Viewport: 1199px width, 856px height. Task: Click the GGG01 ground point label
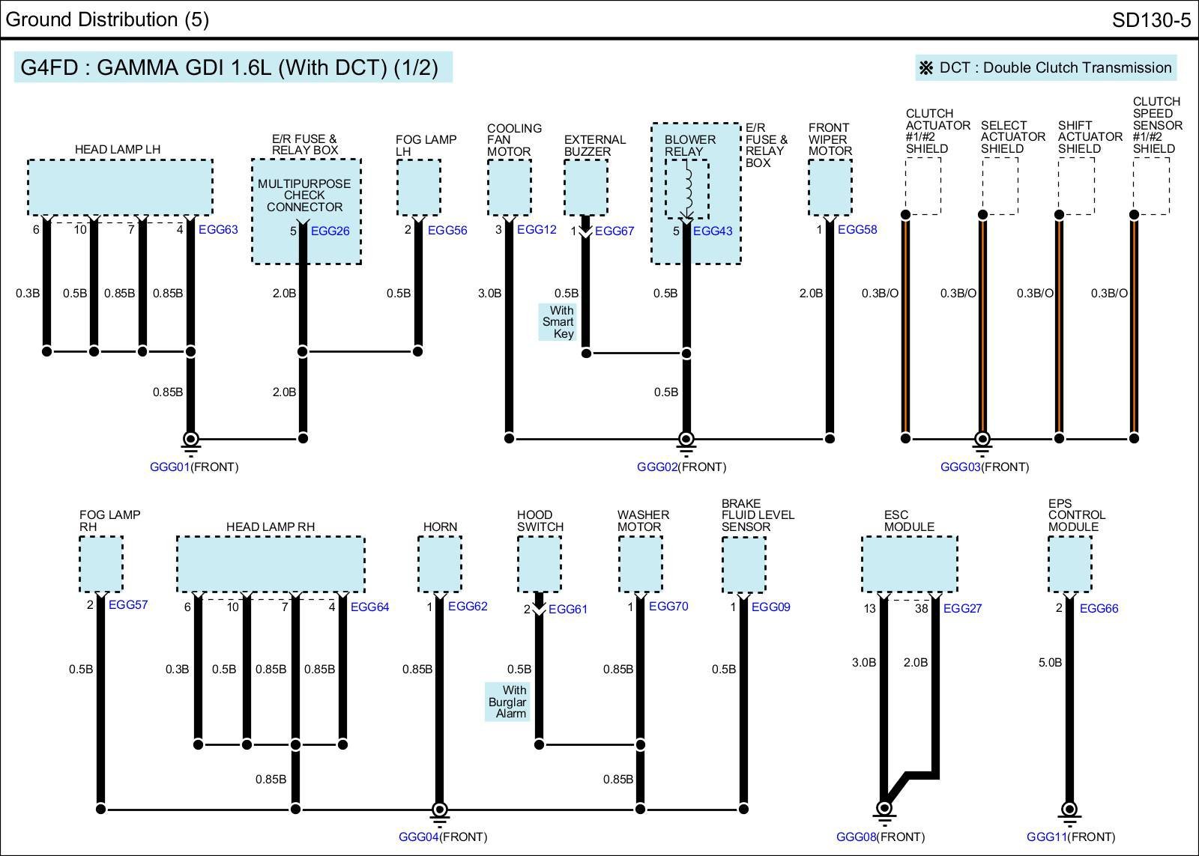[169, 467]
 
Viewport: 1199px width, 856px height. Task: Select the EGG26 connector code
[330, 231]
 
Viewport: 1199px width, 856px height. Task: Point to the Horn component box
[439, 564]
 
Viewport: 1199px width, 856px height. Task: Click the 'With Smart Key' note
[558, 322]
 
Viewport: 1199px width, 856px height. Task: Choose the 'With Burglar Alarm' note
[507, 702]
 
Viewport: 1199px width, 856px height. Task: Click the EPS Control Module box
[1069, 565]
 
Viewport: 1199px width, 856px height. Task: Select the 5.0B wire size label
[1049, 662]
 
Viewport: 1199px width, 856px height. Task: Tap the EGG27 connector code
[962, 608]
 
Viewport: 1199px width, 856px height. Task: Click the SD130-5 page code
[1150, 19]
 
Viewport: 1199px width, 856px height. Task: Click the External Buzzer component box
[585, 187]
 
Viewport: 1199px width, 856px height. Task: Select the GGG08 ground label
[855, 837]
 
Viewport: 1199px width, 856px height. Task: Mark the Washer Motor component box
[640, 564]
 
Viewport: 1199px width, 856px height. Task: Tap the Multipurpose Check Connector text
[304, 195]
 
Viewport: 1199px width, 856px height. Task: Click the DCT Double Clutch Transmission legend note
[1046, 67]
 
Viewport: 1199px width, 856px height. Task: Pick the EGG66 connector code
[1099, 608]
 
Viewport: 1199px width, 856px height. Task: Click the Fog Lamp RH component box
[101, 564]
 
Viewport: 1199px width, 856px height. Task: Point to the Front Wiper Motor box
[830, 187]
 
